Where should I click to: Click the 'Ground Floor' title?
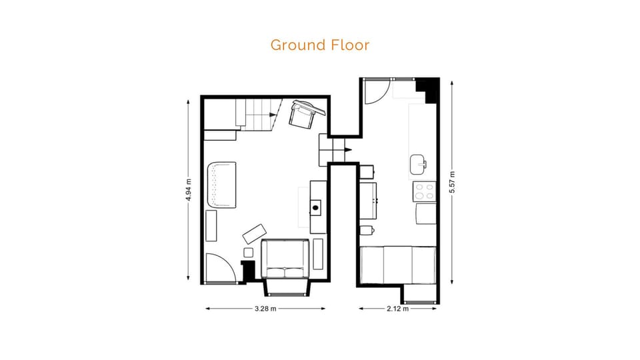[319, 45]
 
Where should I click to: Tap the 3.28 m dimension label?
[265, 309]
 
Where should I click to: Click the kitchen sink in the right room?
[419, 163]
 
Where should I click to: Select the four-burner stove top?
[424, 192]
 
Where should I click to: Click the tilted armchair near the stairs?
[303, 113]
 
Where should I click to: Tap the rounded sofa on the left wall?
[221, 185]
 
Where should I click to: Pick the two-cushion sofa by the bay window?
[285, 259]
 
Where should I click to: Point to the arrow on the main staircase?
[273, 114]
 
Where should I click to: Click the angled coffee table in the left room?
[254, 233]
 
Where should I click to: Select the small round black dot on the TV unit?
[315, 208]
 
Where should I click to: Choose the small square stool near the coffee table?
[249, 253]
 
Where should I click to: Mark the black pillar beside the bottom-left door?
[249, 271]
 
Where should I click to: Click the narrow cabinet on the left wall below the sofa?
[211, 225]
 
